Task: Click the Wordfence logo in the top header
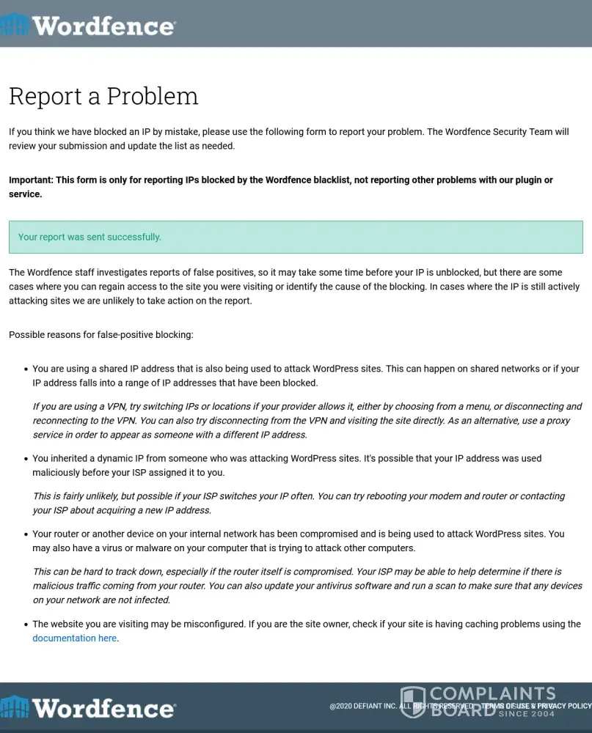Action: point(88,26)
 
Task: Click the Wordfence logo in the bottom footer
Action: point(88,708)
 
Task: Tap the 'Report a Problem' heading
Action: point(103,96)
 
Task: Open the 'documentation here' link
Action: point(74,638)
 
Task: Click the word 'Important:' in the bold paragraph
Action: point(31,180)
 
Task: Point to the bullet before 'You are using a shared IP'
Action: point(26,369)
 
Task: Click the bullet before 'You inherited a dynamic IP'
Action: point(26,459)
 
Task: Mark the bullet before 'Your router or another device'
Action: point(26,534)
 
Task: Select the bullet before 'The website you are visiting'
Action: point(26,625)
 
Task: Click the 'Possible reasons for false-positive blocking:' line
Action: point(101,335)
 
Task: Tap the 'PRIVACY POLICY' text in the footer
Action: point(564,706)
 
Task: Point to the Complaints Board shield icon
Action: point(412,701)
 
